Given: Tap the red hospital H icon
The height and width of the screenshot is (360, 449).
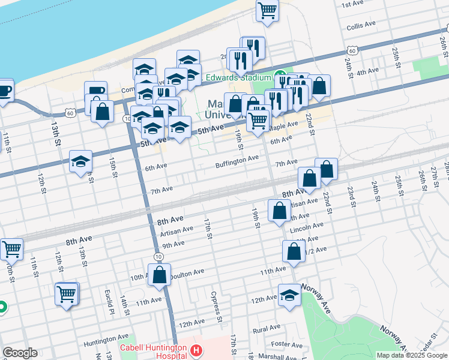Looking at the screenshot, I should (x=196, y=350).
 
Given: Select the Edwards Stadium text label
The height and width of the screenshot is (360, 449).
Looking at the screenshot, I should (x=238, y=77).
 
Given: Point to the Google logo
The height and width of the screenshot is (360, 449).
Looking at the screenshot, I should (x=20, y=353).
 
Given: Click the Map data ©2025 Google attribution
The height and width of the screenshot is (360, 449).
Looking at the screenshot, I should (x=412, y=355).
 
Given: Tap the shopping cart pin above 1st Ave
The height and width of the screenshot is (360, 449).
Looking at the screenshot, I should (x=267, y=10).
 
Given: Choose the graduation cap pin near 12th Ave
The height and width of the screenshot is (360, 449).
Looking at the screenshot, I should (x=290, y=296).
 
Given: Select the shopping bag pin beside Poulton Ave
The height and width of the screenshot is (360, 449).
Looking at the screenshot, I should (x=160, y=275).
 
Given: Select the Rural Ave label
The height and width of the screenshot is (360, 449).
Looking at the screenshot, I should (x=267, y=329).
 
